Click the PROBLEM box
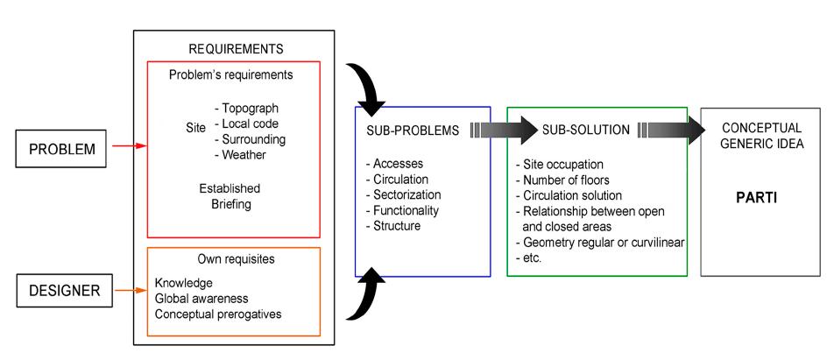coord(62,148)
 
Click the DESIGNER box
coord(62,291)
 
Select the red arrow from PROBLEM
coord(126,148)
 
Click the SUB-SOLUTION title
coord(586,130)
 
